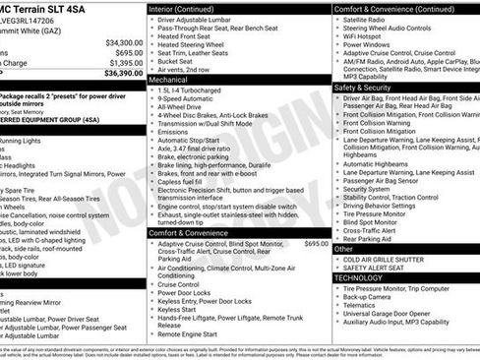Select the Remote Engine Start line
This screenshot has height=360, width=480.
pos(193,334)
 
